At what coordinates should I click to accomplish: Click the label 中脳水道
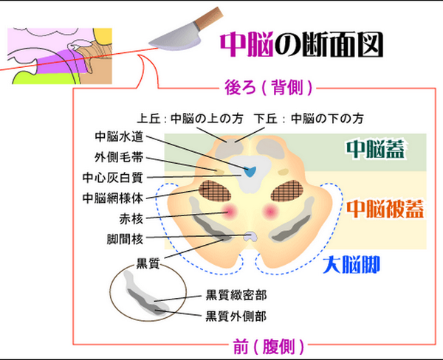click(x=120, y=137)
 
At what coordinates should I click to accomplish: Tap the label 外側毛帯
click(x=120, y=157)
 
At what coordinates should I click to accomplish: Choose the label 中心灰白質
click(x=114, y=177)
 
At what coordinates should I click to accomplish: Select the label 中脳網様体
click(x=114, y=198)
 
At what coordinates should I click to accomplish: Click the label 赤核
click(x=130, y=218)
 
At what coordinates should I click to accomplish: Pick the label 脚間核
click(x=124, y=239)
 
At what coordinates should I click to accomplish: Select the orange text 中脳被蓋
click(x=385, y=208)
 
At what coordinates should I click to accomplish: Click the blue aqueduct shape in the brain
click(x=250, y=172)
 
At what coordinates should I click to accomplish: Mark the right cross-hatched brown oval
click(x=290, y=194)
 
